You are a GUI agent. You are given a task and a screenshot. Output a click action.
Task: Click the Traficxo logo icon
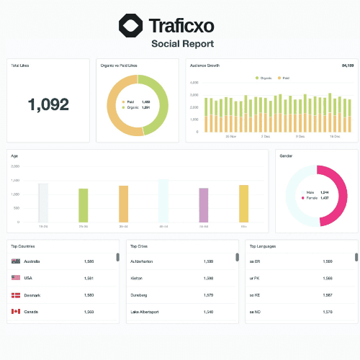click(x=131, y=27)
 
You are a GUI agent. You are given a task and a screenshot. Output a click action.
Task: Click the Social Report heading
click(x=182, y=44)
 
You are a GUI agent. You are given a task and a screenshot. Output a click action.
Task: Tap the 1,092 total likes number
click(x=48, y=104)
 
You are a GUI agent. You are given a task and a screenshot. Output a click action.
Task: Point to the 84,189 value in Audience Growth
click(x=346, y=66)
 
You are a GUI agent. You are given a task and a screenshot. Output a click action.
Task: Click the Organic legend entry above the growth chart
click(x=264, y=77)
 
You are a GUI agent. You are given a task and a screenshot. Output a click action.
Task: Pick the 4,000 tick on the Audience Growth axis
click(x=193, y=83)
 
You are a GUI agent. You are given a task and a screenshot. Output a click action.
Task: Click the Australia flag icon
click(x=15, y=261)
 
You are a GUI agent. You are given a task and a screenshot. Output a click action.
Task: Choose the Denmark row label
click(x=33, y=295)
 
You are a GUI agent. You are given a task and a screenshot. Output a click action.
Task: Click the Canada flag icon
click(x=15, y=312)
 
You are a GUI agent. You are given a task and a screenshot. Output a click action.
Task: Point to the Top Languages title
click(x=263, y=246)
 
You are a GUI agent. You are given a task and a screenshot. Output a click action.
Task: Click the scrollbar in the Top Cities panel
click(x=237, y=257)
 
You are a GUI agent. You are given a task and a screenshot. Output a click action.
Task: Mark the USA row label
click(x=29, y=278)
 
